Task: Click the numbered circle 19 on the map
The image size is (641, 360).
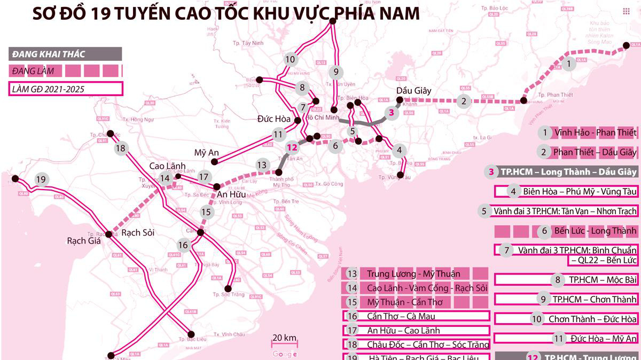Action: pyautogui.click(x=41, y=179)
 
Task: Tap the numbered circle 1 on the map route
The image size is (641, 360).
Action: pyautogui.click(x=569, y=64)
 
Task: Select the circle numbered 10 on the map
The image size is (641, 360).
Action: pyautogui.click(x=290, y=59)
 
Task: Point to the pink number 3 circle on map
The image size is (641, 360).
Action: pyautogui.click(x=392, y=113)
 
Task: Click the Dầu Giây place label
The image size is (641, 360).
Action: pyautogui.click(x=414, y=90)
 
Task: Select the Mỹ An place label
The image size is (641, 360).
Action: pyautogui.click(x=207, y=153)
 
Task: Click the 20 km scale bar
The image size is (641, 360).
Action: pyautogui.click(x=284, y=342)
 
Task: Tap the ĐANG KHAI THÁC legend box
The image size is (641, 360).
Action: pyautogui.click(x=65, y=53)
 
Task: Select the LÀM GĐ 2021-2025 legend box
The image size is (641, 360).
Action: pyautogui.click(x=65, y=88)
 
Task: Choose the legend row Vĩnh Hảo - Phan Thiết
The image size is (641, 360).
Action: pyautogui.click(x=588, y=132)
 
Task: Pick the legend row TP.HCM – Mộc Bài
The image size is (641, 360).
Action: pyautogui.click(x=566, y=279)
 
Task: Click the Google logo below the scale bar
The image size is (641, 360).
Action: pyautogui.click(x=284, y=354)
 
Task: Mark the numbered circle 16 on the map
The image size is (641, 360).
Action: pyautogui.click(x=183, y=245)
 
